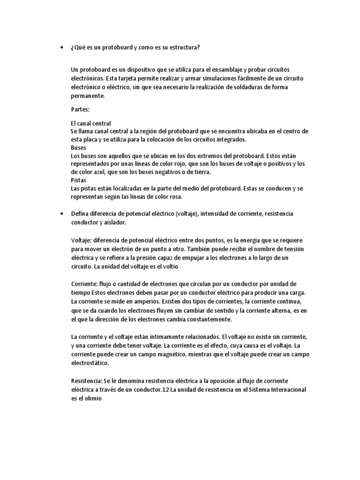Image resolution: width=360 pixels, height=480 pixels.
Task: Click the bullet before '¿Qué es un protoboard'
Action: tap(62, 47)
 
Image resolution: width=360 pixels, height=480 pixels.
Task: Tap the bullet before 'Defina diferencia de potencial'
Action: tap(62, 213)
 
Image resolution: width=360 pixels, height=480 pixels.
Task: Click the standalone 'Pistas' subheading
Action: tap(78, 180)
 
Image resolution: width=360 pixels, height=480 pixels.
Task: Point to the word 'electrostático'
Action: tap(89, 363)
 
